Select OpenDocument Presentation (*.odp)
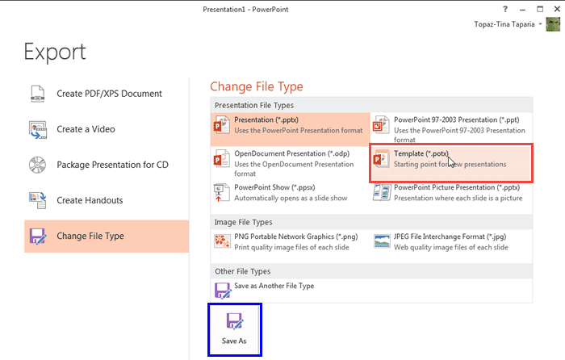click(x=290, y=162)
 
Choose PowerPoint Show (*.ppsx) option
click(x=290, y=193)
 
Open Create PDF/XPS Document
click(x=109, y=94)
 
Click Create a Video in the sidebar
click(x=86, y=129)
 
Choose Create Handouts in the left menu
click(x=90, y=200)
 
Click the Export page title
click(x=55, y=52)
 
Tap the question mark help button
click(x=504, y=8)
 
